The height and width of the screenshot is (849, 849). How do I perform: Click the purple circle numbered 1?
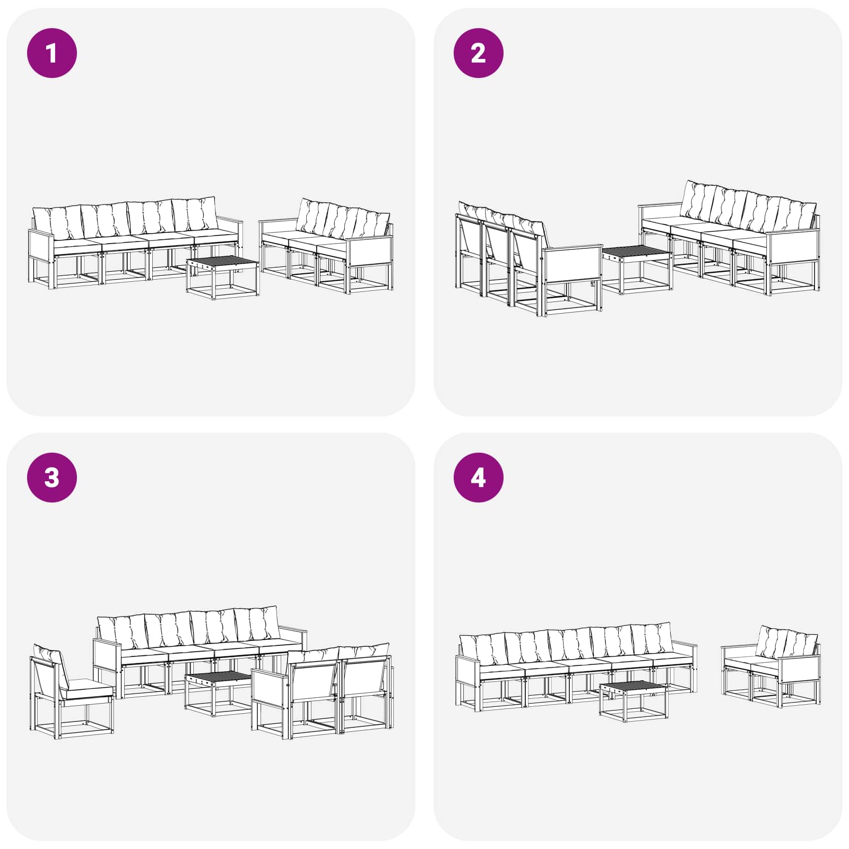point(52,53)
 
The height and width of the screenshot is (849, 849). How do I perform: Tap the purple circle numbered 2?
point(478,53)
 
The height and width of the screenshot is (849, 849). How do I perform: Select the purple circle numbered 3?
point(52,477)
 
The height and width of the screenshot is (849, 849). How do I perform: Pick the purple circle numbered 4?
point(478,477)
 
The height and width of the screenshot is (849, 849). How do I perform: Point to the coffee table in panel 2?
point(637,270)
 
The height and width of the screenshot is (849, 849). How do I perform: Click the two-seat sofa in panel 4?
point(771,667)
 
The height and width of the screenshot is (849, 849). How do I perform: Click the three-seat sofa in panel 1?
point(327,247)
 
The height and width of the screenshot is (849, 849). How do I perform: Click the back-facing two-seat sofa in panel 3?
point(322,691)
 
